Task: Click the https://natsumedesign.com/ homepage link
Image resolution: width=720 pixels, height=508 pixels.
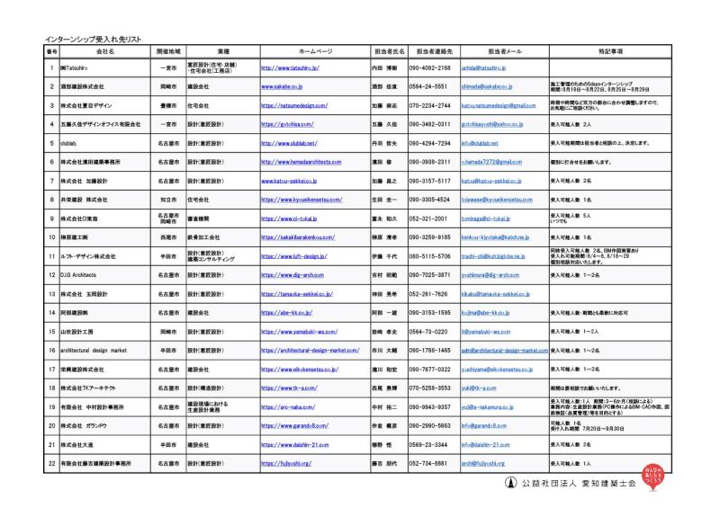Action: (x=292, y=105)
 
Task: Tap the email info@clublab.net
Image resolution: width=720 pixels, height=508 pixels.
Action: (x=479, y=143)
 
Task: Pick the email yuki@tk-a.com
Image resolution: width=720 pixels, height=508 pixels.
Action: (x=477, y=388)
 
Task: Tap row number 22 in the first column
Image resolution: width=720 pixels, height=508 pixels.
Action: (x=52, y=463)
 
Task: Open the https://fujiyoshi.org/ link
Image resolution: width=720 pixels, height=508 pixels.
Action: (x=286, y=463)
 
